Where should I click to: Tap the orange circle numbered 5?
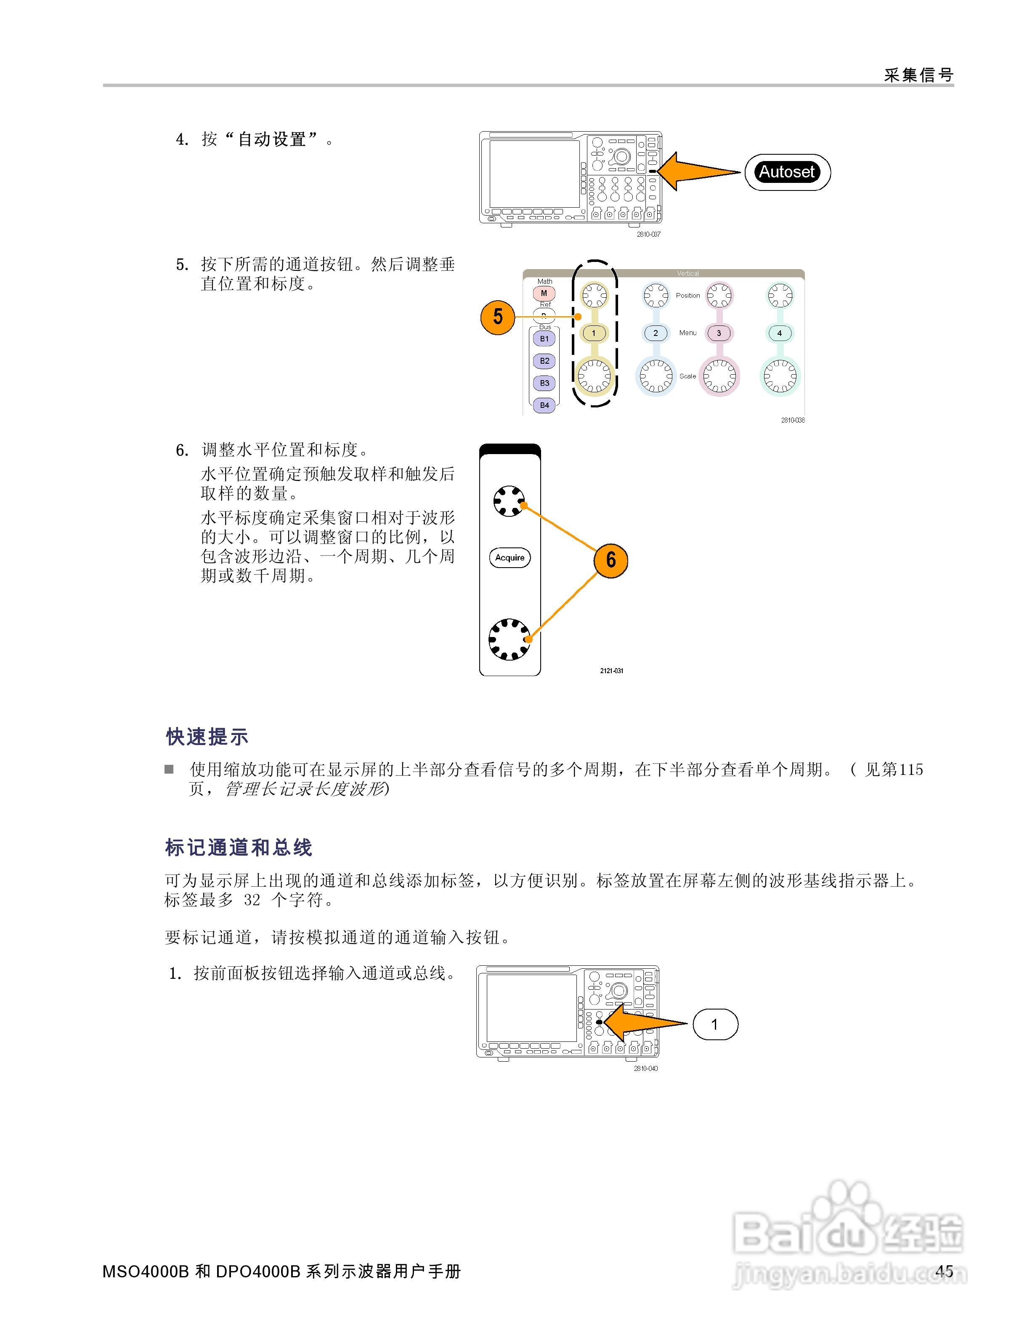click(498, 317)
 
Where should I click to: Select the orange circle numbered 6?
click(610, 560)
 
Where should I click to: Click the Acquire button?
click(510, 558)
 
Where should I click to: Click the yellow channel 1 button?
click(594, 333)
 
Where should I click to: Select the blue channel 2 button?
click(656, 333)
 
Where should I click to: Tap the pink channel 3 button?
click(719, 333)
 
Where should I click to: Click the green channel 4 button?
click(779, 333)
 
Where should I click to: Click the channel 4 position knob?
click(780, 296)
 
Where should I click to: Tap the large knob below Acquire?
click(510, 639)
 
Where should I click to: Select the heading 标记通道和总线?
click(239, 847)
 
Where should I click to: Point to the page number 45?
click(944, 1271)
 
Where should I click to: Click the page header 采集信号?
click(919, 75)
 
